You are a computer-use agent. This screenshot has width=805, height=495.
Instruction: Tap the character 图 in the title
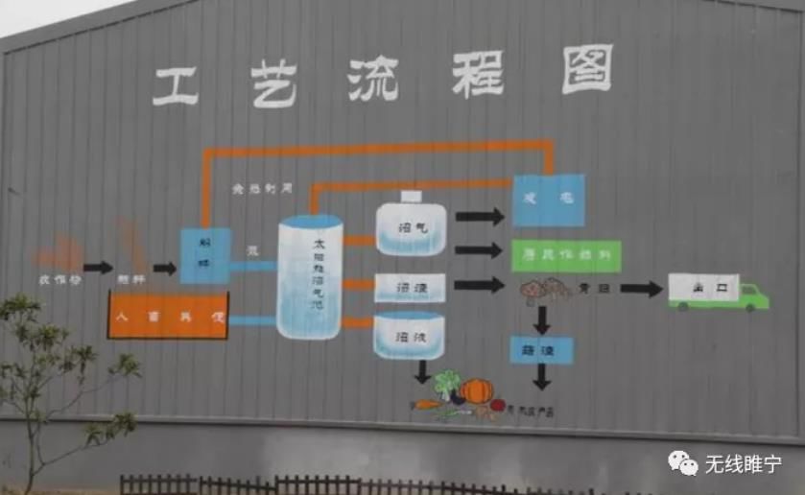click(586, 69)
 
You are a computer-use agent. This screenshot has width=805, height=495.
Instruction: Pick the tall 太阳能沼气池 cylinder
click(310, 276)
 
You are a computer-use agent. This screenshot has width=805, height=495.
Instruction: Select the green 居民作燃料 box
click(566, 255)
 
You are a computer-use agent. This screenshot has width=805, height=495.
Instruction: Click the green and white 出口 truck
click(718, 291)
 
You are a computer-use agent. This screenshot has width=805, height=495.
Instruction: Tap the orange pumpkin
click(476, 390)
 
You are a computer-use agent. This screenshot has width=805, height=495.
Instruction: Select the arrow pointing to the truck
click(641, 289)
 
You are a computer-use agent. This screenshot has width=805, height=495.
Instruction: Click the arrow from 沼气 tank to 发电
click(479, 217)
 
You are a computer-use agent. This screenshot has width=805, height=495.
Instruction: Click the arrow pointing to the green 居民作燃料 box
click(479, 250)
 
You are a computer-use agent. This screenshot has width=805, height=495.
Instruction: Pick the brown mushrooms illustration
click(543, 289)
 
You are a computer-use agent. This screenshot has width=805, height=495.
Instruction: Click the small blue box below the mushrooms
click(541, 349)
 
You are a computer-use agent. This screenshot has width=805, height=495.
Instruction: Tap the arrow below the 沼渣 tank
click(422, 372)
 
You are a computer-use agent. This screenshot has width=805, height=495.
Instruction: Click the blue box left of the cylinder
click(205, 256)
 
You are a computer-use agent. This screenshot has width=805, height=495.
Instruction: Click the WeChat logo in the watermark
click(683, 464)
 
